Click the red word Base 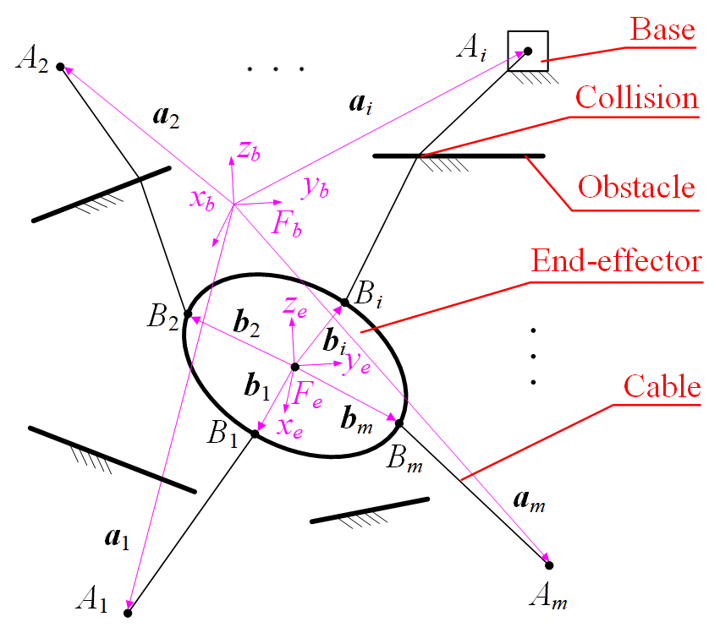point(662,30)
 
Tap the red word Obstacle point(636,186)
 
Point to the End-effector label point(616,260)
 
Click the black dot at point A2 point(60,66)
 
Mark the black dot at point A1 point(128,610)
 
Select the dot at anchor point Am point(548,565)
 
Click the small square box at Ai point(528,51)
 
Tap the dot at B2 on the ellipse point(188,318)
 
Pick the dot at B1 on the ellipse point(254,434)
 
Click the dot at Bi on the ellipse point(345,301)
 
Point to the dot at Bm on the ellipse point(399,422)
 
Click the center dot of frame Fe point(294,367)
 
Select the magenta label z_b point(248,152)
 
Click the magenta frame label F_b point(285,222)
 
